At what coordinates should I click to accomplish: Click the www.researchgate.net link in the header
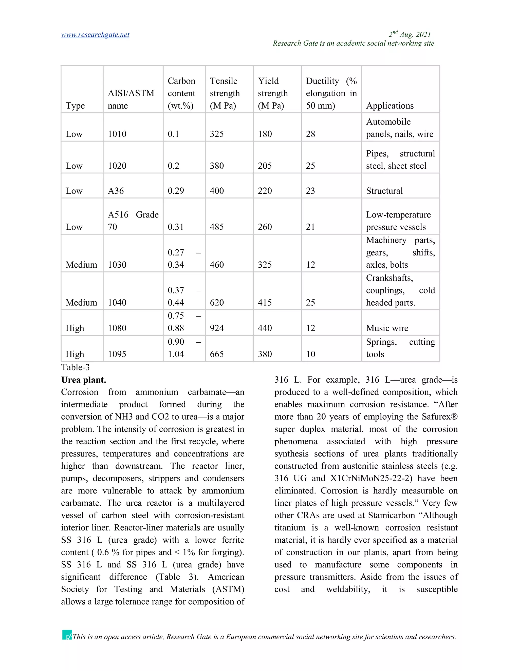pos(95,35)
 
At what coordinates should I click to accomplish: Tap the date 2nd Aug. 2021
pos(410,34)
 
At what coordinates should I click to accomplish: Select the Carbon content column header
pos(181,93)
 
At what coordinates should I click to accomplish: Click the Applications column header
pos(390,106)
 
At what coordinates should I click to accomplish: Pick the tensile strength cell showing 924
pos(217,328)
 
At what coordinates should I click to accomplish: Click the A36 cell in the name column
pos(116,191)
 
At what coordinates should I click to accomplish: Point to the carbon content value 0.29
pos(176,191)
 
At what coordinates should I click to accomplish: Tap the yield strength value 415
pos(265,303)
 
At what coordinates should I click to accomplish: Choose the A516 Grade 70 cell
pos(133,221)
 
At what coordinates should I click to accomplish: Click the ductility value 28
pos(310,134)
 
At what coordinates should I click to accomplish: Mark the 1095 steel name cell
pos(117,354)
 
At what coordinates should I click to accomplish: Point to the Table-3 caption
pos(75,367)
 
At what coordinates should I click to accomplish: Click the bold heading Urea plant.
pos(84,380)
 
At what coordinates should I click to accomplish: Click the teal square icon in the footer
pos(67,635)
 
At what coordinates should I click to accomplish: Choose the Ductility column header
pos(331,93)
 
